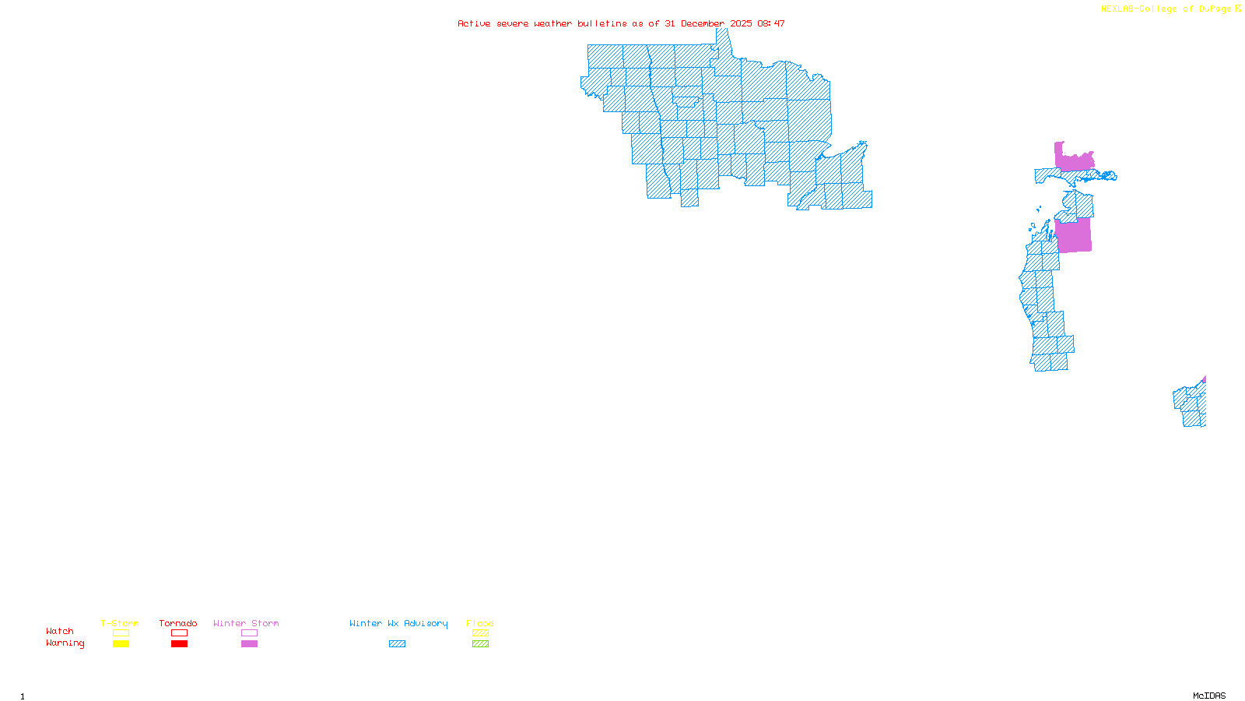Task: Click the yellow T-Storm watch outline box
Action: (x=121, y=633)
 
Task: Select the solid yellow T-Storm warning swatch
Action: (x=121, y=644)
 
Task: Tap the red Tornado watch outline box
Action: (x=179, y=633)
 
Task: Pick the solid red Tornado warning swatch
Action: (x=179, y=644)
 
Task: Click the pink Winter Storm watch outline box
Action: (x=249, y=633)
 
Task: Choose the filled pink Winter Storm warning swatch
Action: (x=249, y=644)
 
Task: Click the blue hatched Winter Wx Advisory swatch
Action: (x=397, y=644)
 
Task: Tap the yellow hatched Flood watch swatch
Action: (x=480, y=633)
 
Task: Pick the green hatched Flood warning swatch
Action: (x=480, y=644)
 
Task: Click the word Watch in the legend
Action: (x=60, y=632)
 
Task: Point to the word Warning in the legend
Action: (x=65, y=643)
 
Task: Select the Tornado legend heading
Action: (x=178, y=623)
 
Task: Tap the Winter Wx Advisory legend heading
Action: (x=398, y=623)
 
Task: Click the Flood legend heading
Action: (x=480, y=623)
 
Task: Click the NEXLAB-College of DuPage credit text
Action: (x=1166, y=9)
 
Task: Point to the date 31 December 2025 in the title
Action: (x=708, y=24)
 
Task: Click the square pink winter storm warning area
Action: (x=1074, y=236)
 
